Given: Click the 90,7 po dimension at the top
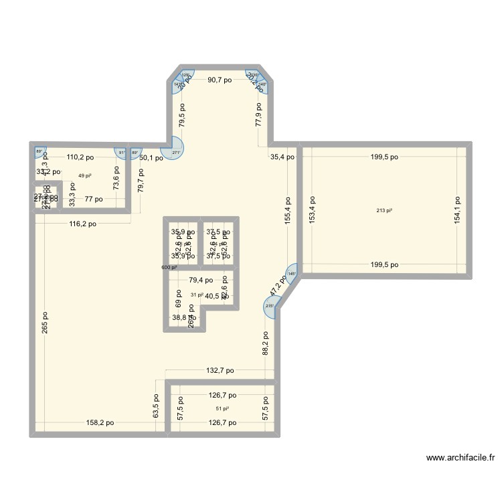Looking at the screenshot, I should pos(220,80).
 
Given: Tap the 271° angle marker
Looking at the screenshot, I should pos(177,153).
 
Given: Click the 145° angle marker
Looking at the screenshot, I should pos(291,273).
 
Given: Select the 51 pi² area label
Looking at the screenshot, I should pos(222,408).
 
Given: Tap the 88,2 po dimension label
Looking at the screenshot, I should pos(265,343).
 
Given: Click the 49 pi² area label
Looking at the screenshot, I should pos(85,175).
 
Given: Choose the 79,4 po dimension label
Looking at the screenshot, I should pos(200,280).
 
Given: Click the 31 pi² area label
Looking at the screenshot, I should pos(196,295).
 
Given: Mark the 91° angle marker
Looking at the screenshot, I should pos(121,153).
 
